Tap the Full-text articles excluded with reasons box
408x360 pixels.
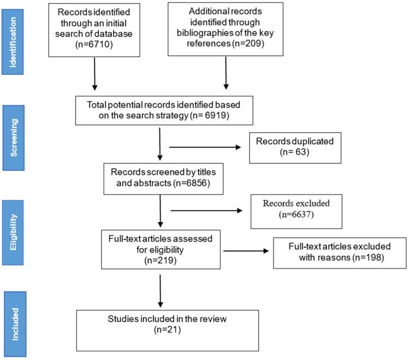click(339, 252)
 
